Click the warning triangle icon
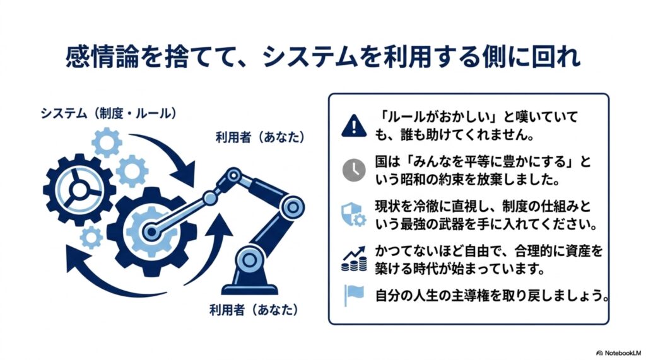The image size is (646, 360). tap(354, 125)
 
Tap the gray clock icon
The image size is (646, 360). tap(354, 170)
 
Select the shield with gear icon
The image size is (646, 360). tap(353, 214)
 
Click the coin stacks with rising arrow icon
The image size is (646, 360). tap(354, 259)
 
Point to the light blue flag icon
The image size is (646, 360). tap(353, 296)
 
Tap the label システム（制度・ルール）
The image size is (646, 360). tap(109, 113)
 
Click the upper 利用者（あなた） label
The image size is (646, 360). tap(261, 137)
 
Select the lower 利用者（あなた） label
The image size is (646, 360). tap(254, 310)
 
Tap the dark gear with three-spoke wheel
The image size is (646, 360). tap(77, 190)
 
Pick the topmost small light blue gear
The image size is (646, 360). tap(107, 142)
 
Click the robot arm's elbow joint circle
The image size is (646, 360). tap(293, 206)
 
